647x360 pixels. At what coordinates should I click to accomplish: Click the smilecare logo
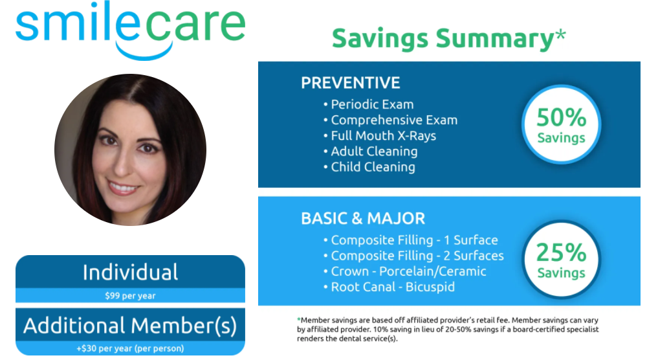(x=131, y=30)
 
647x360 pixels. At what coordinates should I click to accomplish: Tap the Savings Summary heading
(x=448, y=38)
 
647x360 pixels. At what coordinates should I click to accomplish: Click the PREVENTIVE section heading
(x=350, y=83)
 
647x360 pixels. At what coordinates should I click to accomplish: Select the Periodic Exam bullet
(x=369, y=104)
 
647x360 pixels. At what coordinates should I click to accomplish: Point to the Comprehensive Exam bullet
(x=390, y=120)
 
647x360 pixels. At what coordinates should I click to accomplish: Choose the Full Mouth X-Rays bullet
(x=380, y=136)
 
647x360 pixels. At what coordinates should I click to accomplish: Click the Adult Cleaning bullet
(x=371, y=152)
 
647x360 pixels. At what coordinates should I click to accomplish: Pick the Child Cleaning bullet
(x=369, y=167)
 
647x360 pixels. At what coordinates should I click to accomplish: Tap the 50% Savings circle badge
(x=561, y=124)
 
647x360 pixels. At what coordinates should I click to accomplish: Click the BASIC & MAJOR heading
(x=363, y=218)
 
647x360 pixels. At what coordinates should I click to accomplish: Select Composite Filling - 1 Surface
(x=411, y=240)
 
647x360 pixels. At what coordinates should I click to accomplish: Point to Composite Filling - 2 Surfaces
(x=413, y=256)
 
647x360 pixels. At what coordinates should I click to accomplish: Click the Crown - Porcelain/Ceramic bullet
(x=405, y=272)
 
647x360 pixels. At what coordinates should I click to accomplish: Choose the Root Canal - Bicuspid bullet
(x=389, y=287)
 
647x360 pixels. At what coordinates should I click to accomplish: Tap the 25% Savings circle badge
(x=561, y=260)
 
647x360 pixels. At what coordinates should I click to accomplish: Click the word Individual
(x=131, y=273)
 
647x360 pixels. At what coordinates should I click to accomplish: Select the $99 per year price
(x=131, y=296)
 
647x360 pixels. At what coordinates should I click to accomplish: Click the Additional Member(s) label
(x=131, y=325)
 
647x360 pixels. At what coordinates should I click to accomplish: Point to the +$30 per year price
(x=131, y=348)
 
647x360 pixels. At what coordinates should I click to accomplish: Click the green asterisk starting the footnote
(x=299, y=319)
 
